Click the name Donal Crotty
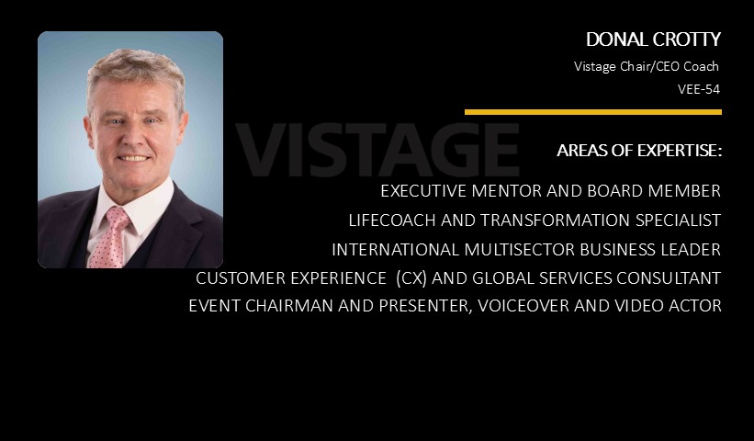coord(653,40)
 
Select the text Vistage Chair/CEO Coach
coord(647,66)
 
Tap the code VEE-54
coord(699,89)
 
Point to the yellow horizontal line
coord(593,112)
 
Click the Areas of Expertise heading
coord(639,151)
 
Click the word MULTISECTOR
coord(519,250)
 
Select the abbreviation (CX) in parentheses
coord(411,278)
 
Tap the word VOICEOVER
coord(523,306)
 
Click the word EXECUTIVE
coord(423,191)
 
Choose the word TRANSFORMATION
coord(556,220)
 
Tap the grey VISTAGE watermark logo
coord(377,149)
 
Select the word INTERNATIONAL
coord(395,250)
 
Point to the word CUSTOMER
coord(236,278)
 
